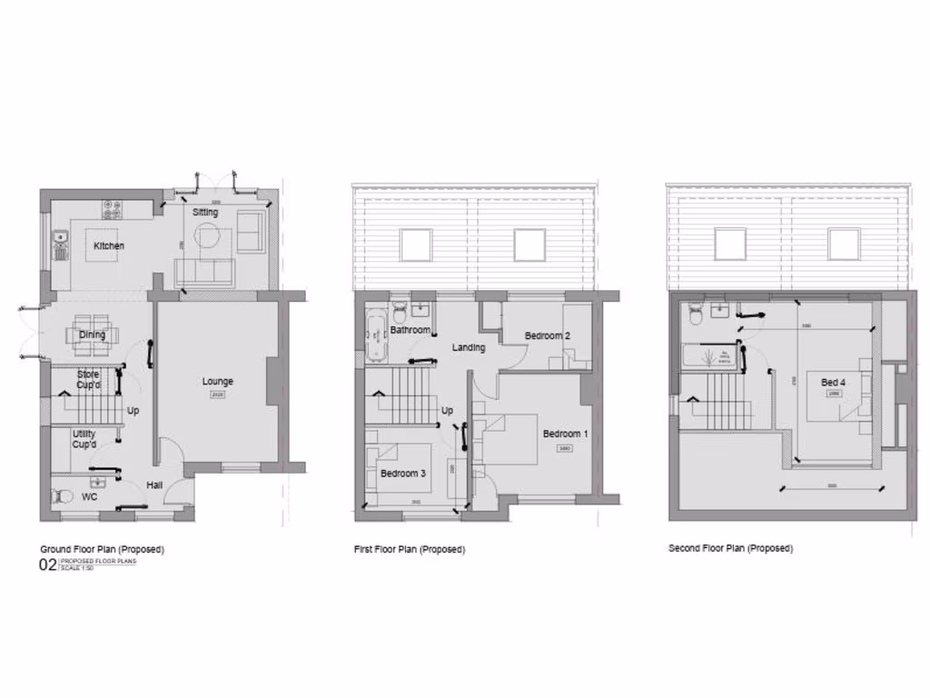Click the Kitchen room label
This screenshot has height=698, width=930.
click(109, 246)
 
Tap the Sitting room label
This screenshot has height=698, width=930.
click(205, 213)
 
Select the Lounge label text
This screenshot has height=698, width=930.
click(217, 382)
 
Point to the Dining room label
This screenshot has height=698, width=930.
click(92, 334)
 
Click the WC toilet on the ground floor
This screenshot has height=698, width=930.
click(63, 496)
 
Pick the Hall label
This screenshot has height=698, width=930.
click(155, 484)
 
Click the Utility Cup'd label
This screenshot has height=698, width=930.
click(84, 440)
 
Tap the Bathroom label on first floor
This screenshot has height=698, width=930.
click(410, 330)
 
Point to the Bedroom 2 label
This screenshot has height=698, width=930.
click(548, 336)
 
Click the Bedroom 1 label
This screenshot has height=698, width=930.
click(565, 434)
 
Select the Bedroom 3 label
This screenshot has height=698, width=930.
click(402, 474)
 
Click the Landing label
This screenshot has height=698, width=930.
click(469, 347)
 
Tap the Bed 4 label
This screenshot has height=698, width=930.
click(833, 383)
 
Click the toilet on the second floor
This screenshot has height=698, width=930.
click(696, 314)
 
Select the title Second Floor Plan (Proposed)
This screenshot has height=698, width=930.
click(730, 549)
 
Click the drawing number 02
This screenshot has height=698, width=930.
click(46, 566)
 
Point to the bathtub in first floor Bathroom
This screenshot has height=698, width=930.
click(376, 335)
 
